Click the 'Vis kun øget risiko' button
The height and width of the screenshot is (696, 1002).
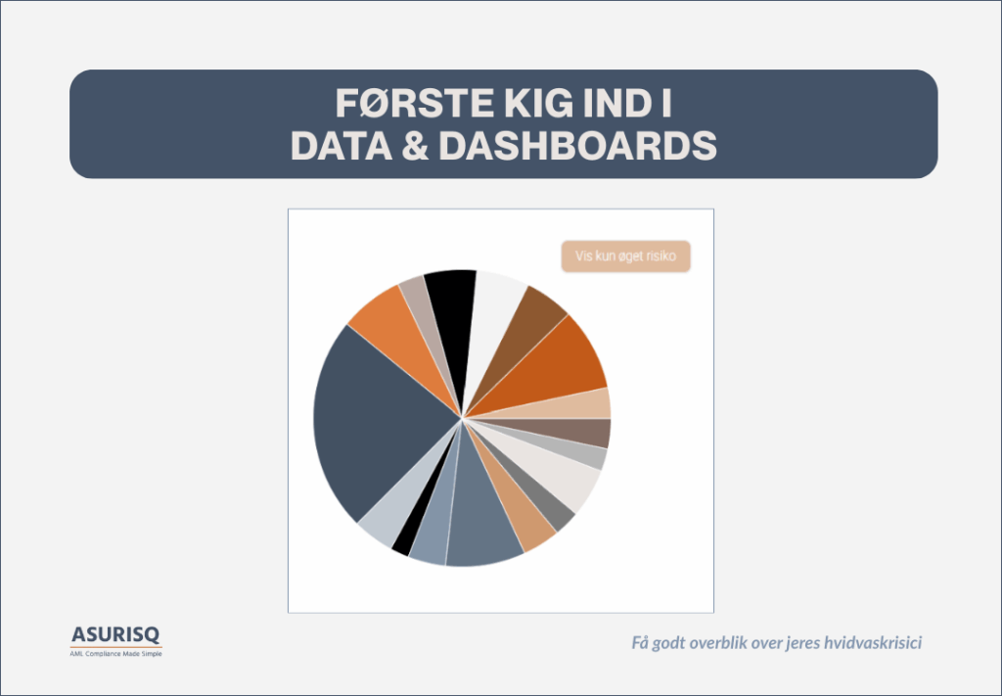click(x=625, y=256)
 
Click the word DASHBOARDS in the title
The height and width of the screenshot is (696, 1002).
click(x=577, y=147)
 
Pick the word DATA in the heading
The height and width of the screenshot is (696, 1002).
click(x=342, y=147)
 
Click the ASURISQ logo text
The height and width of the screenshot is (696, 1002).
click(x=115, y=634)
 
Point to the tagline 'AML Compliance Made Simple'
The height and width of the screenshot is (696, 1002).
click(x=115, y=654)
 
